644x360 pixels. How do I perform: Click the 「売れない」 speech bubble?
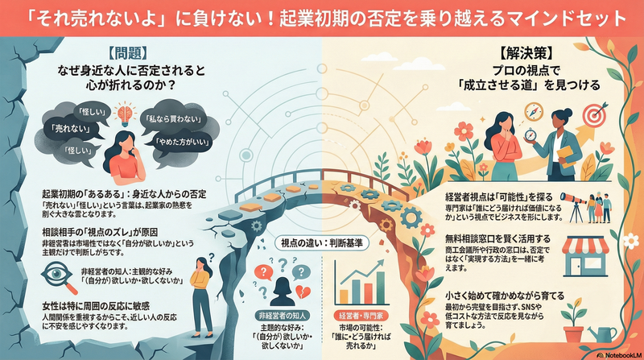62,129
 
